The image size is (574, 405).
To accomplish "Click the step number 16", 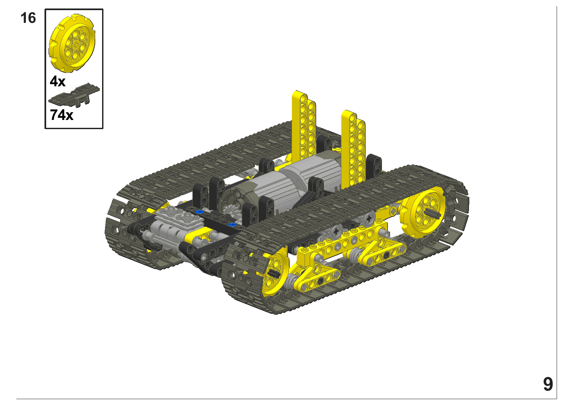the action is (x=28, y=18).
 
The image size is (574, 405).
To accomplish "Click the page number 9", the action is (x=548, y=384).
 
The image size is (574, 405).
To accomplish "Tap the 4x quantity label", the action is (x=58, y=81).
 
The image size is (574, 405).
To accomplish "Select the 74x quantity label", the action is (x=62, y=115).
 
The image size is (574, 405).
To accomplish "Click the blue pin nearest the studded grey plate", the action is (x=199, y=212).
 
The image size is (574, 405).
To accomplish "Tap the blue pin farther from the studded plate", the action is (x=232, y=225).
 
